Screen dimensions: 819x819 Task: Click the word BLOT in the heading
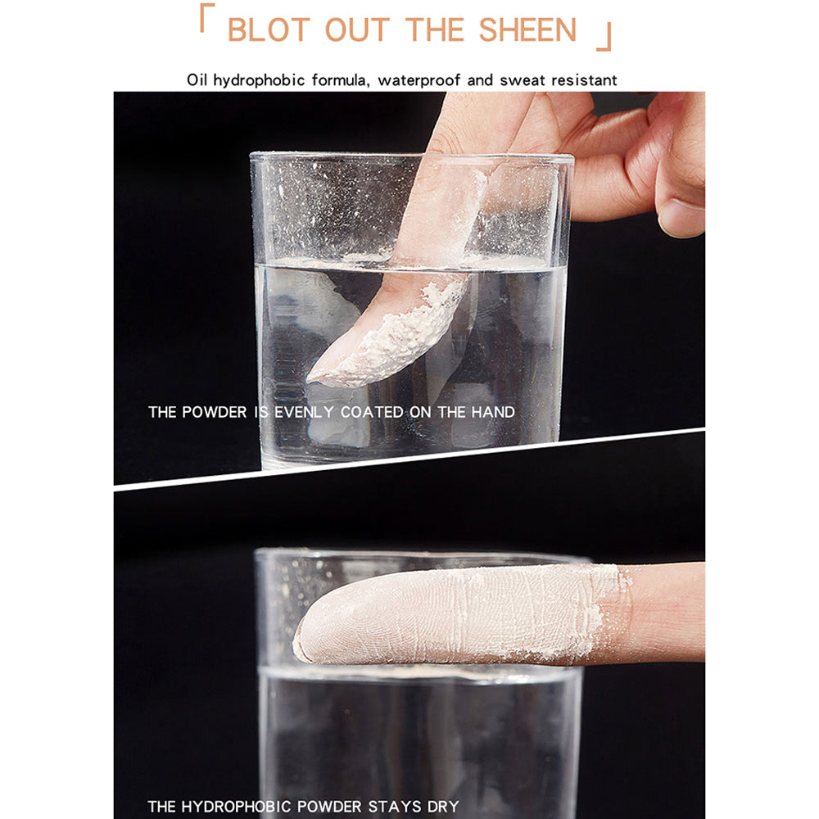[x=269, y=29]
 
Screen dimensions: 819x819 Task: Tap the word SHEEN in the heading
[x=527, y=29]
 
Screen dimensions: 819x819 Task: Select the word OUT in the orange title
[x=357, y=29]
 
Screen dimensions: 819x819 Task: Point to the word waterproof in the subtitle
[x=419, y=80]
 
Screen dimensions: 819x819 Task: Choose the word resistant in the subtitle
[x=584, y=80]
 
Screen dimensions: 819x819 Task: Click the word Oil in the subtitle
[x=197, y=80]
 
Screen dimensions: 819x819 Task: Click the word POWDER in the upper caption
[x=214, y=412]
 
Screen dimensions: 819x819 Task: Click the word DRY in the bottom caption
[x=443, y=807]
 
